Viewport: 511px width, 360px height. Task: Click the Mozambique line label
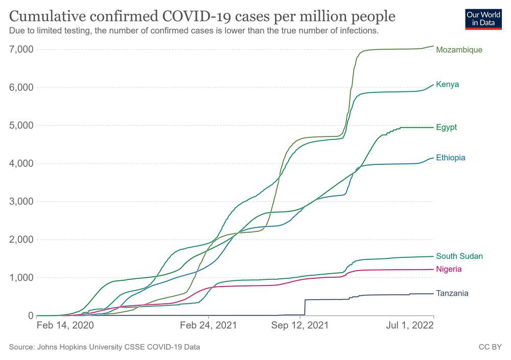(x=459, y=50)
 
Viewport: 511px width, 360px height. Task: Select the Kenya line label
(x=447, y=84)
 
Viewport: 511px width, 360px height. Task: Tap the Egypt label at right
(x=446, y=127)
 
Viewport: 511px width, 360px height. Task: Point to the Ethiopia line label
(x=450, y=158)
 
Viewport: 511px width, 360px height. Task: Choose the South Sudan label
(x=459, y=256)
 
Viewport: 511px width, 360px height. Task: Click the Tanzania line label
(x=452, y=293)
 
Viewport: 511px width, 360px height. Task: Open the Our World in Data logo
(x=483, y=18)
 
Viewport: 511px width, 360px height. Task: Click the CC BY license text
(x=490, y=347)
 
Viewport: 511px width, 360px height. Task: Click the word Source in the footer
(x=21, y=347)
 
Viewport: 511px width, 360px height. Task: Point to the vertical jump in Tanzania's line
(x=305, y=307)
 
